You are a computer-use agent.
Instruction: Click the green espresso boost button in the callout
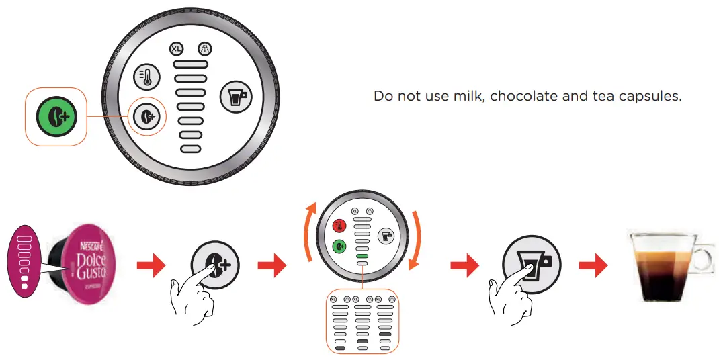click(56, 117)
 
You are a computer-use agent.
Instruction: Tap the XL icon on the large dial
click(176, 49)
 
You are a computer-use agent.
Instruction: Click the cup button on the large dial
click(236, 98)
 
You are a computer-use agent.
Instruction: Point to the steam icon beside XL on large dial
click(205, 49)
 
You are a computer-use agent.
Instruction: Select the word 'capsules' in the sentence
click(653, 96)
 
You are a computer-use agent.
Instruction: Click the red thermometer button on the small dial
click(340, 226)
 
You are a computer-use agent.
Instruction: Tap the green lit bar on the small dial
click(362, 256)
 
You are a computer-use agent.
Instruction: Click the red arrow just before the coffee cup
click(593, 266)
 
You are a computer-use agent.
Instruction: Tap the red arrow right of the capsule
click(151, 266)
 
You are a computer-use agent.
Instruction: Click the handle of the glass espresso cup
click(704, 255)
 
